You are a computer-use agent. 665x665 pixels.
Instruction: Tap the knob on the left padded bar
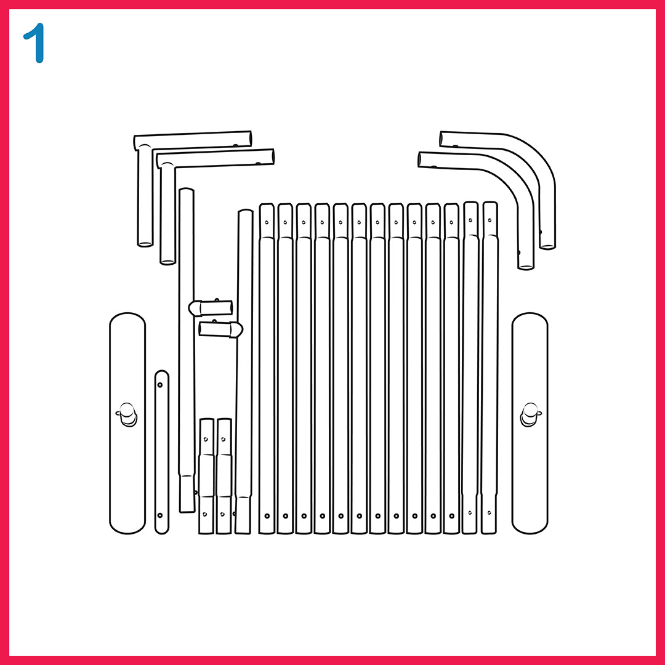[x=127, y=414]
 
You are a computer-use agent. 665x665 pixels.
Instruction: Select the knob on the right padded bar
[x=530, y=414]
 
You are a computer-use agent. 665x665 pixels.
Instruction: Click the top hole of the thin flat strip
[x=160, y=385]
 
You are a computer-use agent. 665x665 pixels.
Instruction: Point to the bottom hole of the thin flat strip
[x=160, y=515]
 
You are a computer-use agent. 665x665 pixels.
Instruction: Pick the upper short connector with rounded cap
[x=211, y=308]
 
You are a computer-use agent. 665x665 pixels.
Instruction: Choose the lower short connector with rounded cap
[x=220, y=329]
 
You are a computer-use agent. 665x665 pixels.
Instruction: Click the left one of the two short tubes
[x=206, y=476]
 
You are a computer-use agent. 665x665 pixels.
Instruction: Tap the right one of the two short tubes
[x=224, y=476]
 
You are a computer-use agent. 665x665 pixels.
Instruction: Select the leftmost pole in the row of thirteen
[x=267, y=368]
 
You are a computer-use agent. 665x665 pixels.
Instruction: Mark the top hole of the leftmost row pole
[x=267, y=222]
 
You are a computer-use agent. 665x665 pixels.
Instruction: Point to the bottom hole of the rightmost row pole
[x=489, y=513]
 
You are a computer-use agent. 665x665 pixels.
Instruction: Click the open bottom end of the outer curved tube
[x=547, y=246]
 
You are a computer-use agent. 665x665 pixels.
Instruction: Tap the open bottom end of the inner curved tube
[x=526, y=267]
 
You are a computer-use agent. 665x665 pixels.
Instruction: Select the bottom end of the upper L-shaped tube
[x=145, y=244]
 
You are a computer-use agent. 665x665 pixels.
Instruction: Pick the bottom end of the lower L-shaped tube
[x=168, y=262]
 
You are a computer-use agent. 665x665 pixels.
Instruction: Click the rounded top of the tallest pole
[x=187, y=190]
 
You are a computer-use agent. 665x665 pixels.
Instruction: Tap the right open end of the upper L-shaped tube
[x=250, y=139]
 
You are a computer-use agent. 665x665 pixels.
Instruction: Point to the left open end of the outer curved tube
[x=441, y=139]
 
